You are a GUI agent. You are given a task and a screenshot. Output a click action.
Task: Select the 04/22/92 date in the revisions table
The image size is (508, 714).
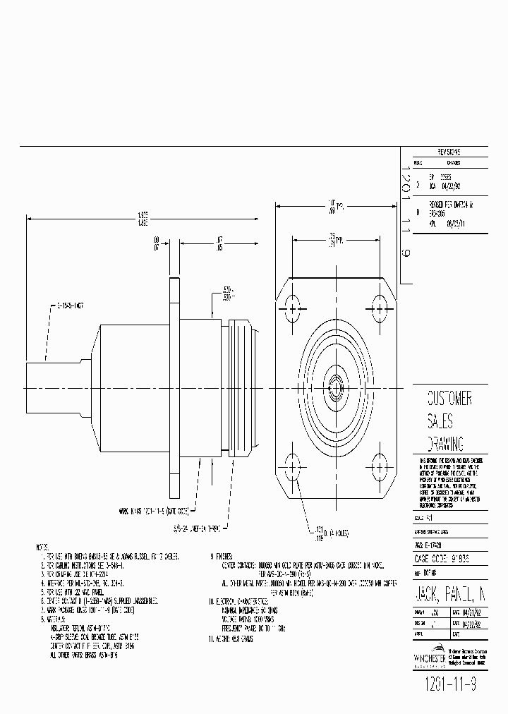coord(452,187)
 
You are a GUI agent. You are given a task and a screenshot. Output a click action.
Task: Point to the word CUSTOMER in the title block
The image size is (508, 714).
coord(449,399)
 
